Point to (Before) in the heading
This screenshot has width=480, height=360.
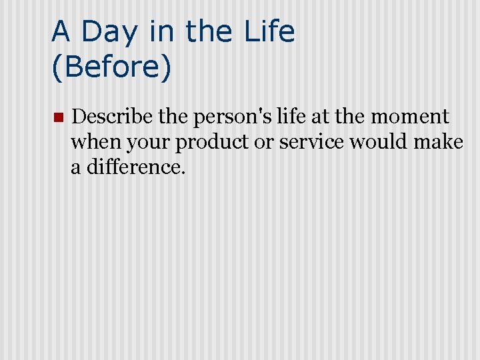111,68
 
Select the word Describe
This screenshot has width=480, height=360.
114,117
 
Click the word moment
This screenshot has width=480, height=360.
409,118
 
